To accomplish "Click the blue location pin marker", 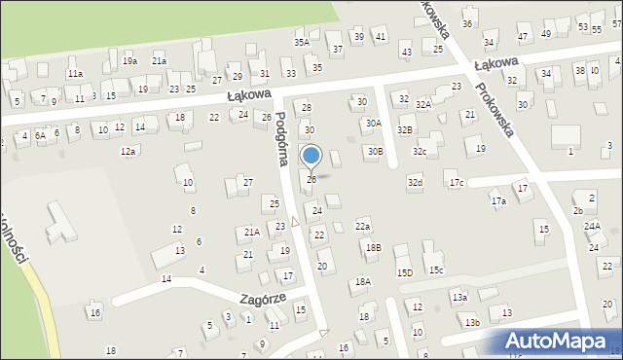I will [x=311, y=156].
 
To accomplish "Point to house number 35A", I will [x=302, y=43].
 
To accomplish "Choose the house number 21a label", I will [x=159, y=61].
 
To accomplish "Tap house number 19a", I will [x=129, y=61].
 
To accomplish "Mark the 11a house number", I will [x=75, y=74].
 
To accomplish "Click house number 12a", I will [x=128, y=152].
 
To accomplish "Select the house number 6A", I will [x=40, y=136].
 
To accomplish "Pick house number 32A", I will [x=423, y=104].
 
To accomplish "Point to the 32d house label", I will [x=416, y=183].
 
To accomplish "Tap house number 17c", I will [x=457, y=183].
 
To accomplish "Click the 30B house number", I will [x=375, y=152].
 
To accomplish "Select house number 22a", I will [x=362, y=227].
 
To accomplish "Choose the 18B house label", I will [x=373, y=248].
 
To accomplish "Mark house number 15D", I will [x=405, y=272].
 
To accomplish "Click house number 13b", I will [x=472, y=322].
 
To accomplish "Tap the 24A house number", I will [x=592, y=226].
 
